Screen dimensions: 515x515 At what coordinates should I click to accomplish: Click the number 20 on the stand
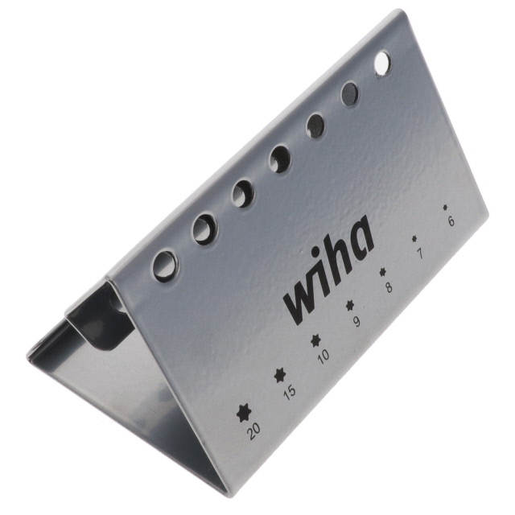(x=254, y=431)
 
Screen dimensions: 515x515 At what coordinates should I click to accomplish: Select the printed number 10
(x=323, y=356)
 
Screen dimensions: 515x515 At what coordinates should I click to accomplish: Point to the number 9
(x=356, y=322)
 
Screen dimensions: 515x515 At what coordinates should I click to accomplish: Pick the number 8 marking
(x=389, y=287)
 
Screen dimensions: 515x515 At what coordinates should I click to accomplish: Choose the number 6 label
(x=450, y=221)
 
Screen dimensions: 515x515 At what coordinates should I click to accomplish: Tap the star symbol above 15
(x=280, y=374)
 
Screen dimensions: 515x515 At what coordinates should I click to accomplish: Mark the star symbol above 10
(x=315, y=340)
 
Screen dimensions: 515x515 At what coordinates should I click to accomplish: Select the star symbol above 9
(x=350, y=305)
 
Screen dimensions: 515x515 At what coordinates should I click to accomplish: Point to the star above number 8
(x=383, y=272)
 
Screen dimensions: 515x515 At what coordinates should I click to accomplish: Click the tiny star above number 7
(x=414, y=238)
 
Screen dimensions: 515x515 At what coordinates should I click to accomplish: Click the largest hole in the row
(x=165, y=265)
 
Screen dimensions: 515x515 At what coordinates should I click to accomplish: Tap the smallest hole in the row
(x=382, y=64)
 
